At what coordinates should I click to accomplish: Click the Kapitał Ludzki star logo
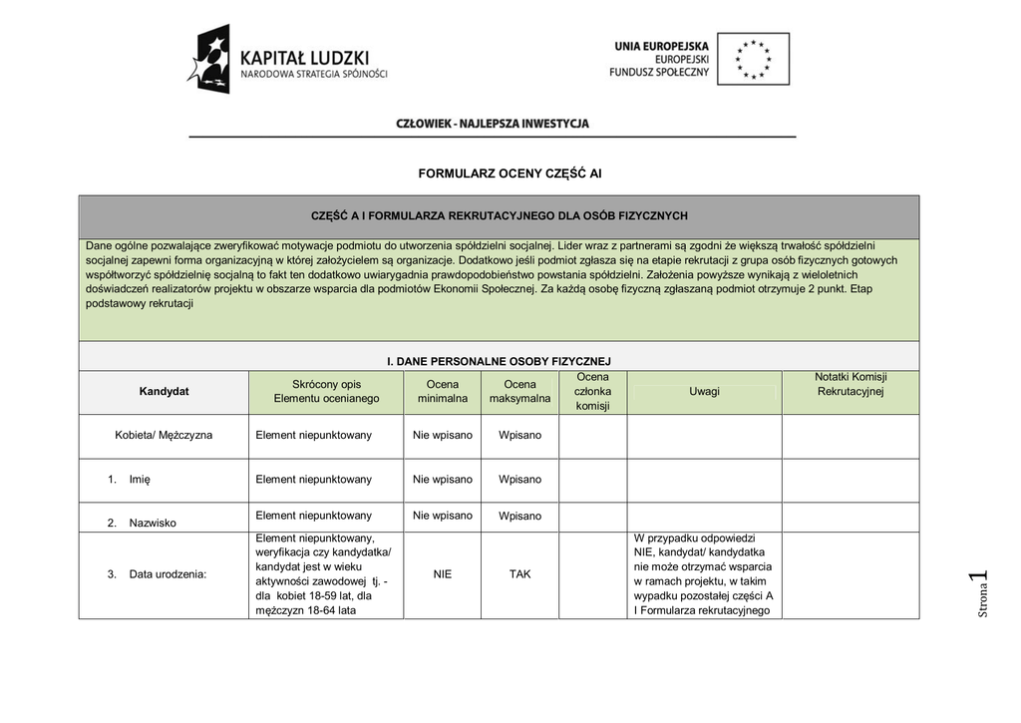(x=210, y=60)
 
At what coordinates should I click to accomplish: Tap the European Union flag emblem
(x=753, y=59)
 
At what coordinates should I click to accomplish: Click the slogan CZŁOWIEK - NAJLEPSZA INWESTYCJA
(x=493, y=124)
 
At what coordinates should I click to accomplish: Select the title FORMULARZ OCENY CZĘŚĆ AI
(x=510, y=174)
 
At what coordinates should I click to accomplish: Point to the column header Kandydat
(x=164, y=392)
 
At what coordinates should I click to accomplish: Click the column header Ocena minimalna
(x=443, y=392)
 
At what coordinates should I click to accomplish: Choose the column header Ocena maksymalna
(x=519, y=392)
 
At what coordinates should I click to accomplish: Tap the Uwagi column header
(x=704, y=392)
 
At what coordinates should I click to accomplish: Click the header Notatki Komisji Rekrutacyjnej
(x=851, y=384)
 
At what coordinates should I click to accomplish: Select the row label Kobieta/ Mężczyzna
(x=164, y=436)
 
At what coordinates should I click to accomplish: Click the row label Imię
(x=140, y=480)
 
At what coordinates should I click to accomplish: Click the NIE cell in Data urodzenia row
(x=443, y=574)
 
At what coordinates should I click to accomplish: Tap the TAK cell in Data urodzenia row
(x=519, y=574)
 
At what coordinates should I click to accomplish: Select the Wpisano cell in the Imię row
(x=519, y=480)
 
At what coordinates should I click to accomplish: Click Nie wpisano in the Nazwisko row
(x=443, y=516)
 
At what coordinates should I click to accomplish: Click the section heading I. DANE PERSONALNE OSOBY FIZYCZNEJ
(x=498, y=361)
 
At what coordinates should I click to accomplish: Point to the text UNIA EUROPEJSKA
(x=661, y=46)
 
